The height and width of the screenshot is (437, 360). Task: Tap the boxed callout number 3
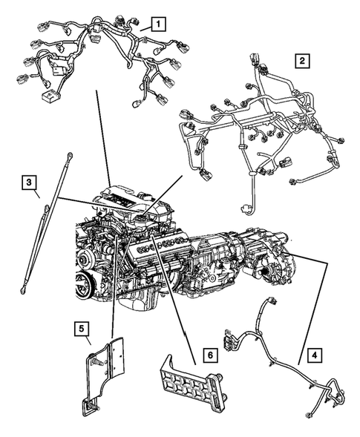(28, 182)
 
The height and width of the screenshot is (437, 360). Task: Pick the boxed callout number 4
(316, 355)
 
